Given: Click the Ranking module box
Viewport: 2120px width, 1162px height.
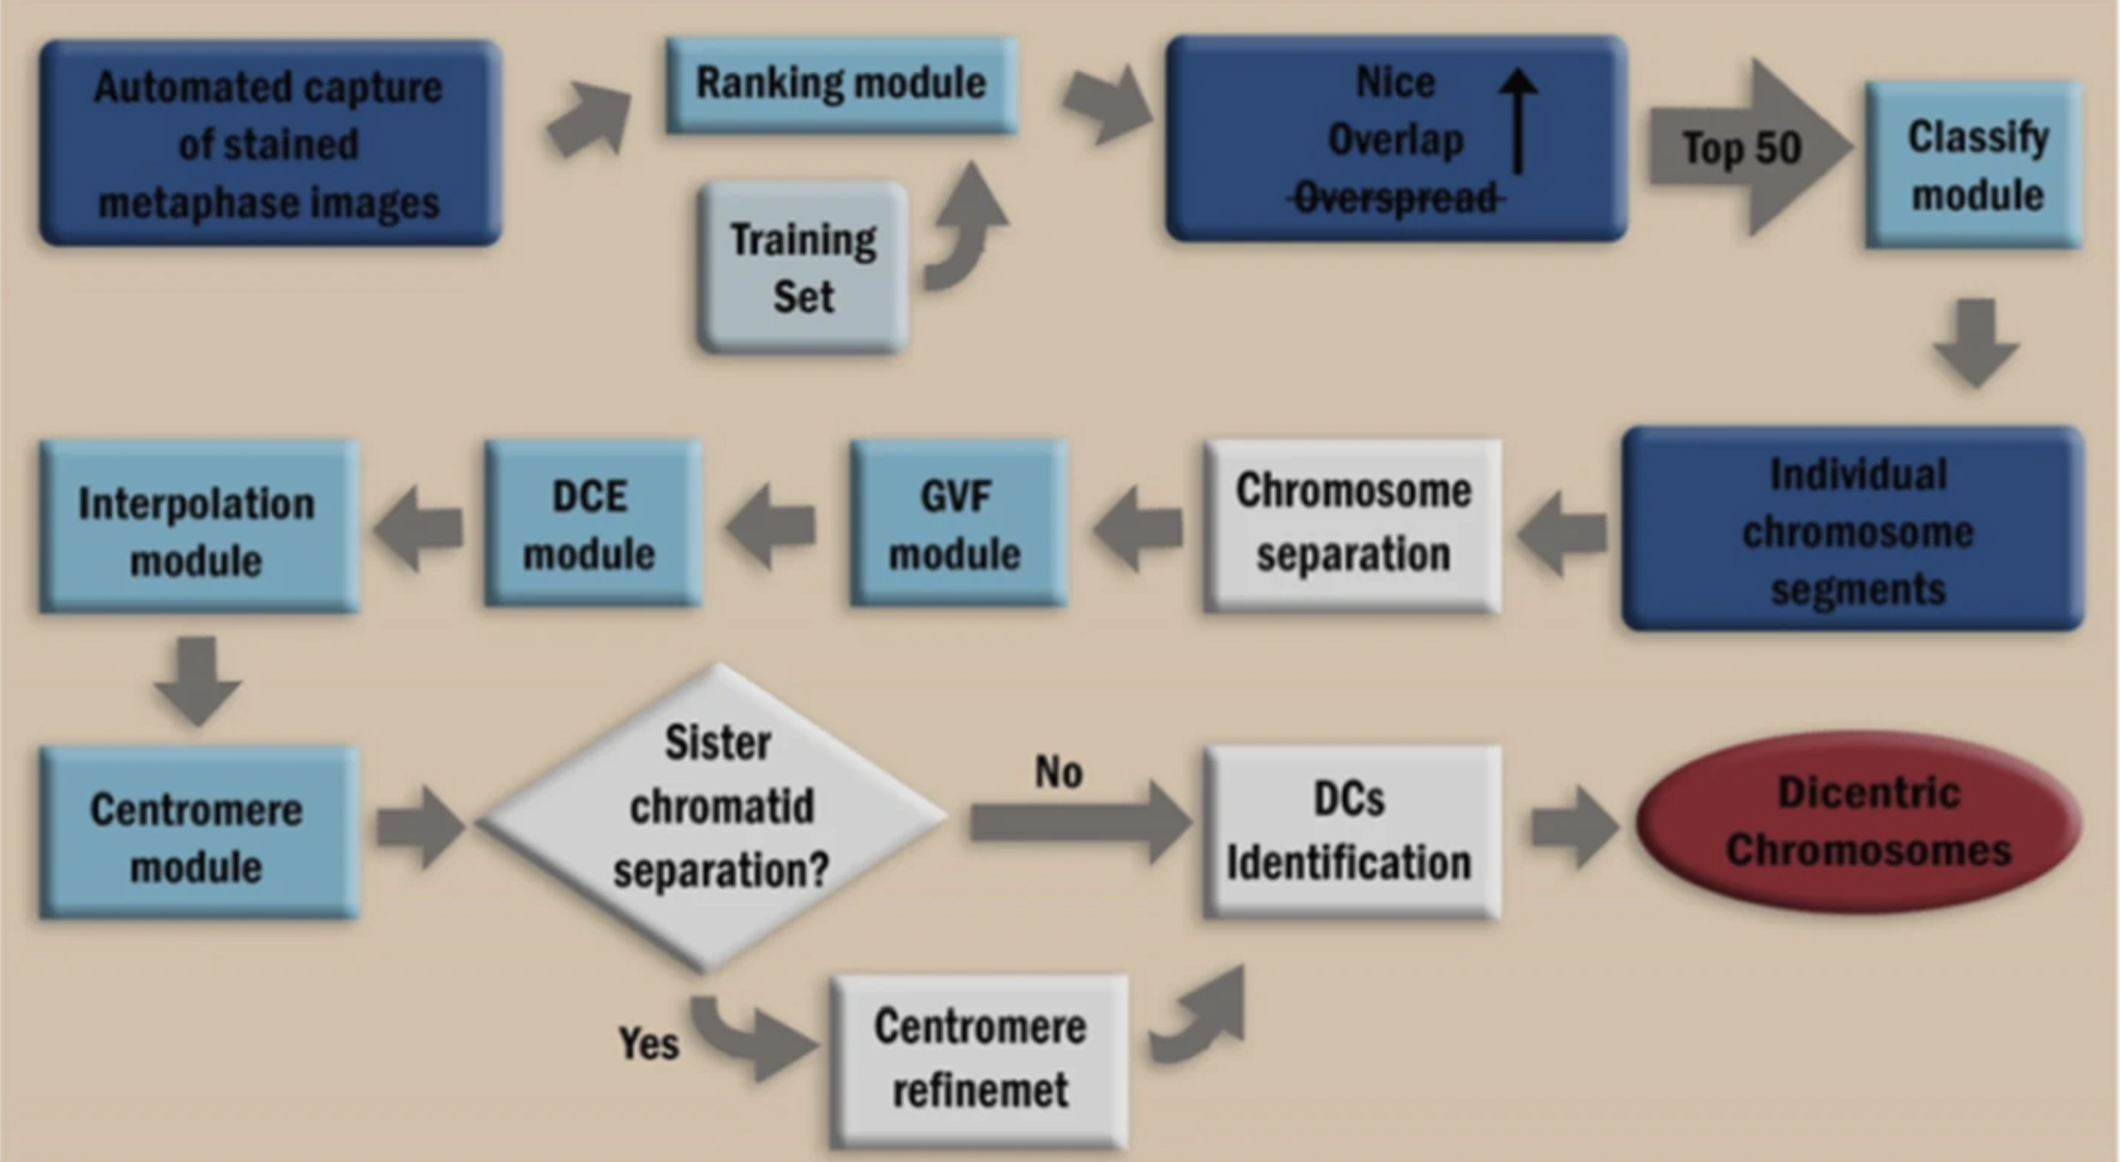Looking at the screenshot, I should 840,84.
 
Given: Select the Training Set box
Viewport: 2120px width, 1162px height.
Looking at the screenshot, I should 802,267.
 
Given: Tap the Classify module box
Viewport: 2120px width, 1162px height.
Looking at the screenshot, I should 1974,165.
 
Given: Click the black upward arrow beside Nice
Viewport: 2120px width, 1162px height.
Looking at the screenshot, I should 1518,119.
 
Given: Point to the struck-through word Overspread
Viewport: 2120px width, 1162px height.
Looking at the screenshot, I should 1395,198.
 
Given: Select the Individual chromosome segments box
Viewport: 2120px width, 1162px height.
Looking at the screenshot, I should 1854,530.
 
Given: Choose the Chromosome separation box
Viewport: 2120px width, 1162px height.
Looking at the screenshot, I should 1352,525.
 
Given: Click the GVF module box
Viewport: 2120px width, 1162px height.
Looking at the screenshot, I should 957,523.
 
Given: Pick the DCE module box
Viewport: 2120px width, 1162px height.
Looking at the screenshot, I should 593,523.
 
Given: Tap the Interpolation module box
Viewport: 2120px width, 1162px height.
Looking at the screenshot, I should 198,526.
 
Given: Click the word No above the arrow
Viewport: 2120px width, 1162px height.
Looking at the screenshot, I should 1058,772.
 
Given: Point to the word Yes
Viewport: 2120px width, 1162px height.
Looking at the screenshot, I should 649,1043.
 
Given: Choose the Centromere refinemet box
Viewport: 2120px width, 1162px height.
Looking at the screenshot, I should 980,1058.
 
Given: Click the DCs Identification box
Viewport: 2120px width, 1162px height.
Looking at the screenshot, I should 1350,831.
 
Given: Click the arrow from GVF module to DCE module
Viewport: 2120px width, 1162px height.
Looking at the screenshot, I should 771,526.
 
